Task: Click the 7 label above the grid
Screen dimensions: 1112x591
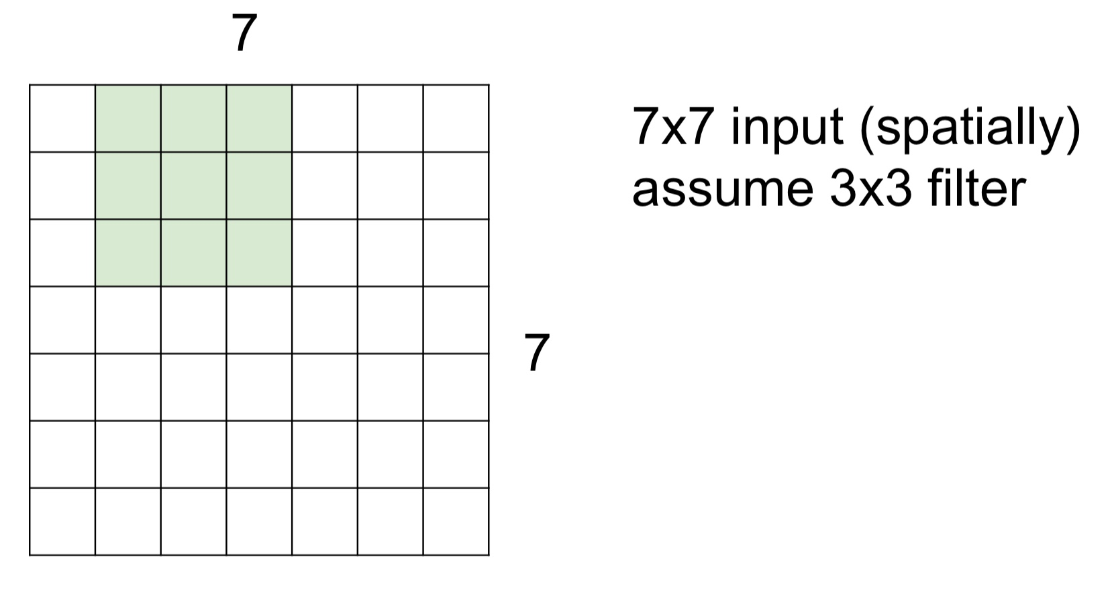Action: point(244,34)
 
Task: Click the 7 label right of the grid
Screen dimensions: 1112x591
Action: point(537,353)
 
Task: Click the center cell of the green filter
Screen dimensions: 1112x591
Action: point(193,186)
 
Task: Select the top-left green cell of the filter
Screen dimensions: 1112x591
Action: point(128,119)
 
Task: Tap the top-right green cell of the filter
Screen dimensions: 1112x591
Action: point(259,119)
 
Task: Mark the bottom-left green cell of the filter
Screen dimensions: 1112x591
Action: point(128,253)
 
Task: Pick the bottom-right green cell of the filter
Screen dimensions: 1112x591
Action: point(259,253)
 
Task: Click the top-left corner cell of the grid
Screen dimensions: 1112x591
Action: point(62,119)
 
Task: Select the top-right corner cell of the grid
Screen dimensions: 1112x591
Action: point(456,119)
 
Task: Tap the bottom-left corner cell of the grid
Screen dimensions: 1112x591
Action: point(62,522)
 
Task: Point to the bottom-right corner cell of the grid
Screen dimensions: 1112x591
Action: point(456,522)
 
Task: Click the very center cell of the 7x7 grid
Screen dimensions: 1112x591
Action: point(259,320)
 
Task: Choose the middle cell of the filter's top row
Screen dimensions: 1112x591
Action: point(193,119)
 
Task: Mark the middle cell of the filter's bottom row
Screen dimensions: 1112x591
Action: point(193,253)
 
